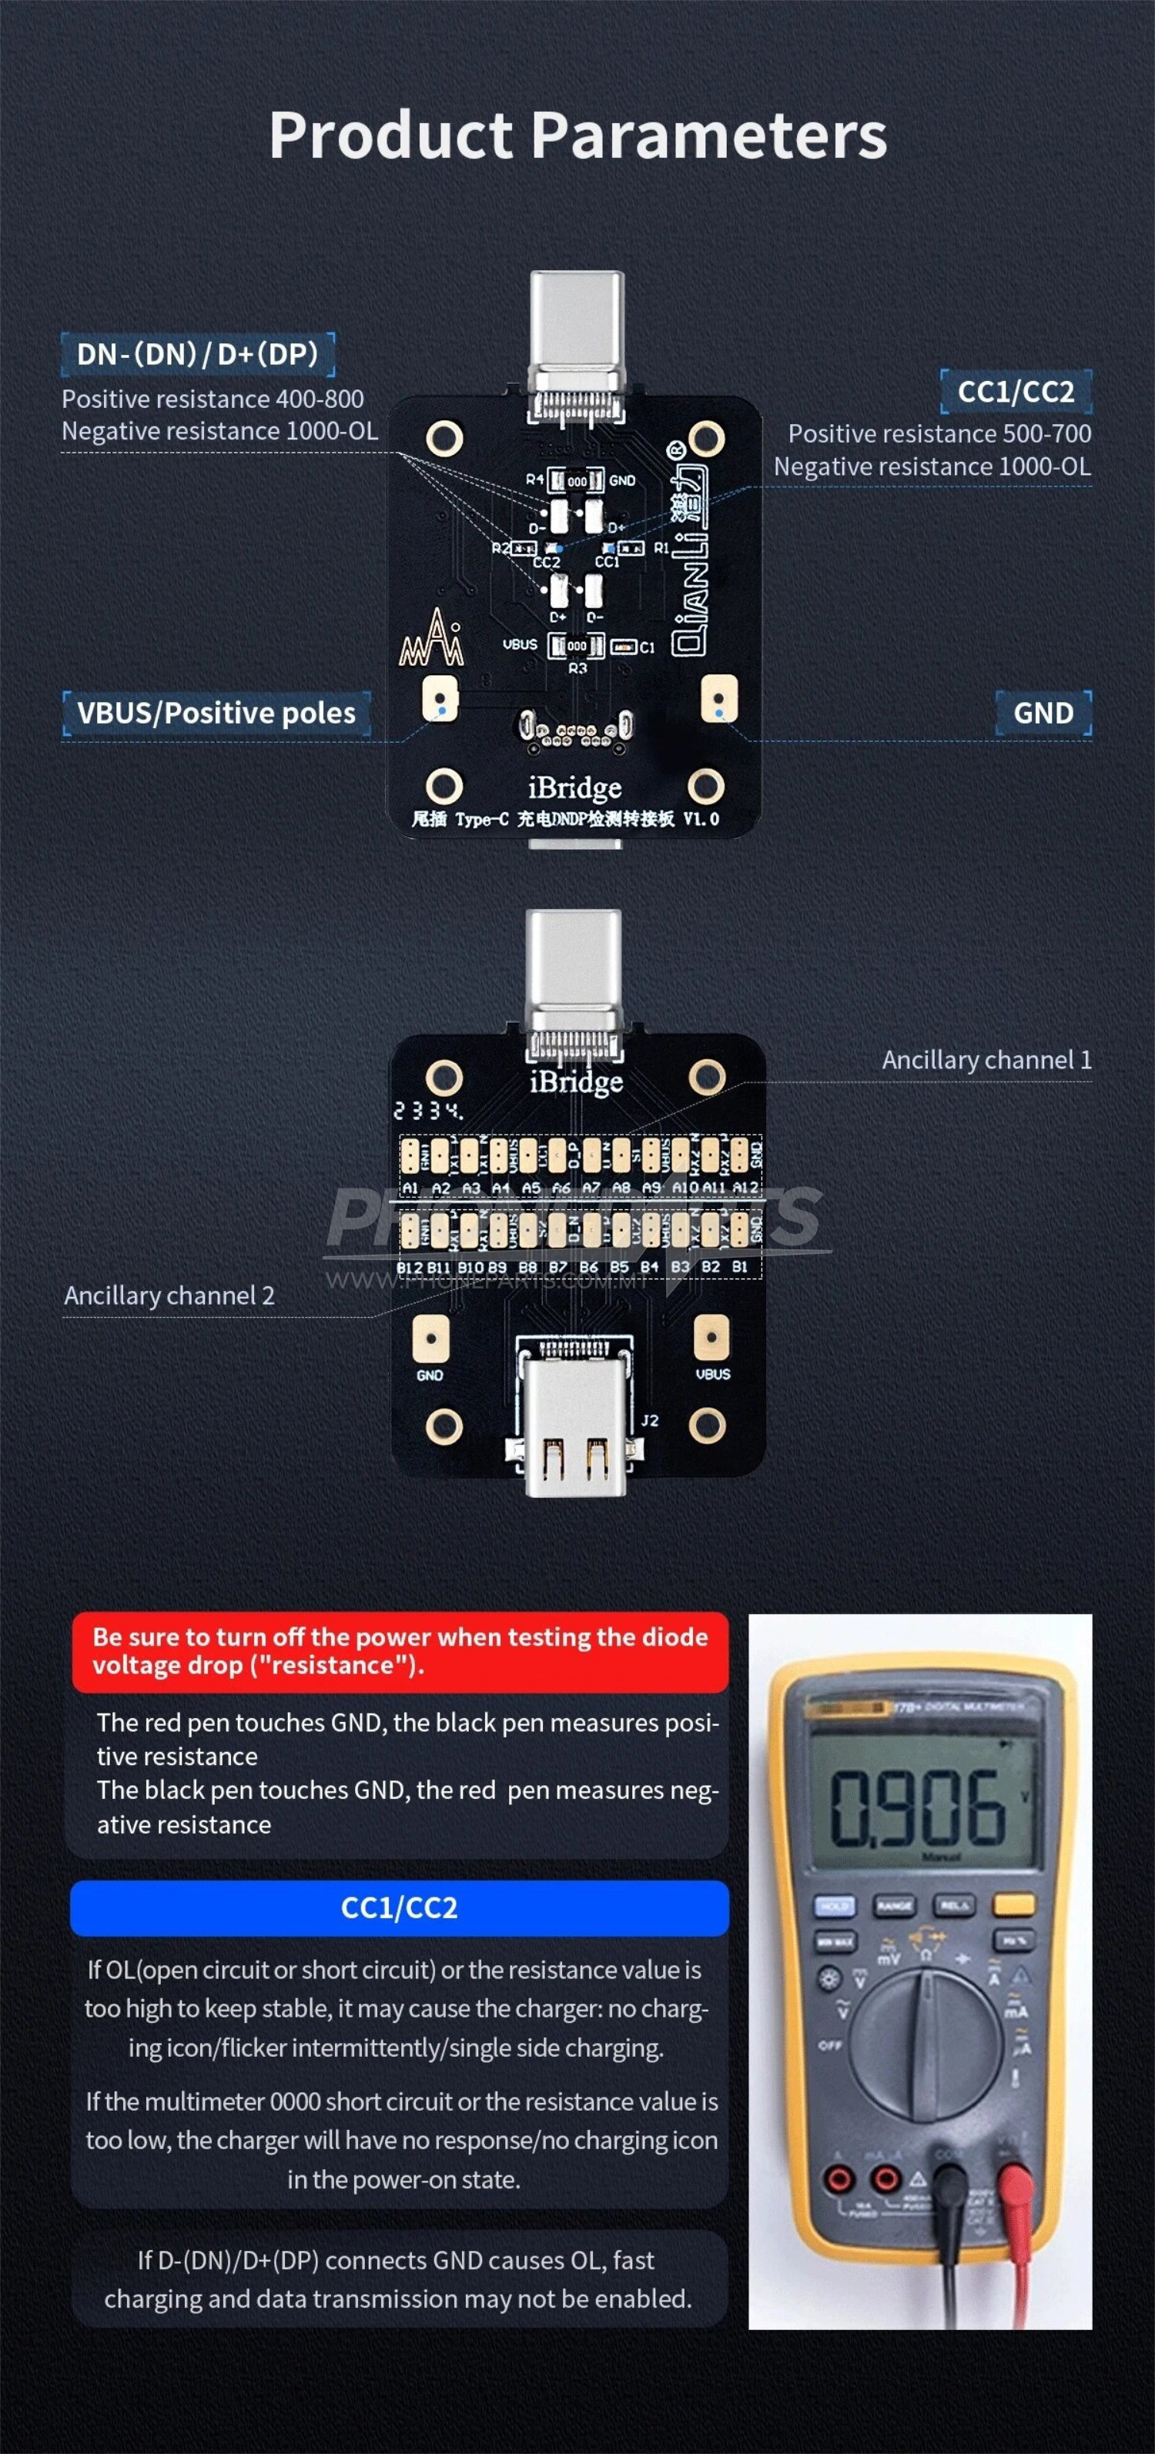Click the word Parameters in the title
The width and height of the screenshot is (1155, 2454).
point(708,135)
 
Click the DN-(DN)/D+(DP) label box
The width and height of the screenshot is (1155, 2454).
point(197,354)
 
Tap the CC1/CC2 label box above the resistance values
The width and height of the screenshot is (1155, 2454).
point(1015,392)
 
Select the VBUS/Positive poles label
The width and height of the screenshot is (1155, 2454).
point(216,713)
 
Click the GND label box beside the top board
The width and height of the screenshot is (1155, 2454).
point(1043,713)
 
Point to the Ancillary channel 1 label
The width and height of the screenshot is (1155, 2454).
point(986,1059)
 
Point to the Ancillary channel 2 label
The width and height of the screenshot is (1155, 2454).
point(169,1296)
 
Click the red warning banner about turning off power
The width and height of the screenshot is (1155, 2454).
point(400,1651)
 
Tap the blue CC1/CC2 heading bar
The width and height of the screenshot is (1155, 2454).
point(400,1907)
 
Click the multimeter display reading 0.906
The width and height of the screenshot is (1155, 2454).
point(919,1805)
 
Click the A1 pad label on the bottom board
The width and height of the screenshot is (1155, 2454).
point(410,1188)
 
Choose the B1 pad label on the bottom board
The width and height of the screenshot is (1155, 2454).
point(739,1267)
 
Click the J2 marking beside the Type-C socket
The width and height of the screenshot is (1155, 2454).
point(649,1420)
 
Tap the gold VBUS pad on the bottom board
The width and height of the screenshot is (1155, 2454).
point(711,1338)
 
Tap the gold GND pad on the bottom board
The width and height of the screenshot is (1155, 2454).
point(430,1338)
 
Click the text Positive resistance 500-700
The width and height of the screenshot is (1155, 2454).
point(939,433)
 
